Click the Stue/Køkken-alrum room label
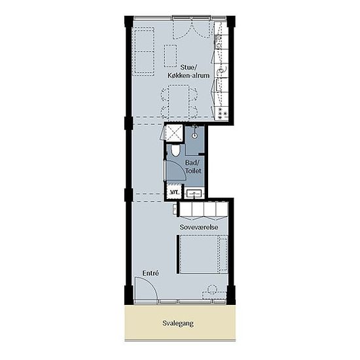(x=189, y=71)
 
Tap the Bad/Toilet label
(x=193, y=167)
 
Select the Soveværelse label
(x=199, y=227)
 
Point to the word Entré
(x=151, y=274)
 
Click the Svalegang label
(x=178, y=323)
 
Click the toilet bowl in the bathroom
(x=175, y=151)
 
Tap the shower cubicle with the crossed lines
(x=174, y=133)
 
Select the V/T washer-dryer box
(x=174, y=192)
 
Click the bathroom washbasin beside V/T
(x=194, y=194)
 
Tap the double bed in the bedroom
(x=204, y=255)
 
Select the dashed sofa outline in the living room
(x=145, y=52)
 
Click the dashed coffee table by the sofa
(x=170, y=56)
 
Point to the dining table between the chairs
(x=179, y=101)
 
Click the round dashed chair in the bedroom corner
(x=212, y=289)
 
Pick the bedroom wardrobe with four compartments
(x=204, y=209)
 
